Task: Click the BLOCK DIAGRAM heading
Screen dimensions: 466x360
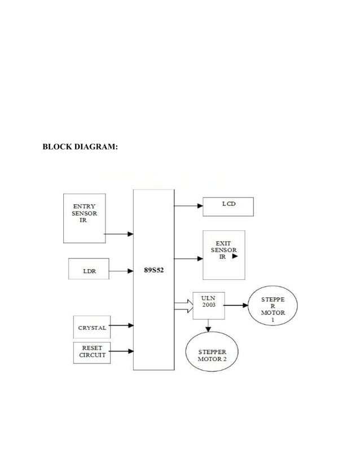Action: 80,148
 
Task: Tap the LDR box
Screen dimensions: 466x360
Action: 89,271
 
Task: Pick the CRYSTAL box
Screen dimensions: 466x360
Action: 91,327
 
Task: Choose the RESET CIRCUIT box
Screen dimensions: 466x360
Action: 91,352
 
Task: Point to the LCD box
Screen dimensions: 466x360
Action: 228,206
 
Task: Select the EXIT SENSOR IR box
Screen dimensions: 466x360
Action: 224,254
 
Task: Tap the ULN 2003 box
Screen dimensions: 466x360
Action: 208,305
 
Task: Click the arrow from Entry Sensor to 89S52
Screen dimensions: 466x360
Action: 119,234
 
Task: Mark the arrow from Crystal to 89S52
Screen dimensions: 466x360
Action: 121,326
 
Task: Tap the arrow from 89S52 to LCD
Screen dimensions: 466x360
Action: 188,206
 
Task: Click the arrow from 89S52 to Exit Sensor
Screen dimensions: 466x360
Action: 188,259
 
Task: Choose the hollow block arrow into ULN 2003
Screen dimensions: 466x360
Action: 183,306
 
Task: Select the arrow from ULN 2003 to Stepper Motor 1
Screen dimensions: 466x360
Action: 236,305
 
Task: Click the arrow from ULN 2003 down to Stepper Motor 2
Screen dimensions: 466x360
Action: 208,326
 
